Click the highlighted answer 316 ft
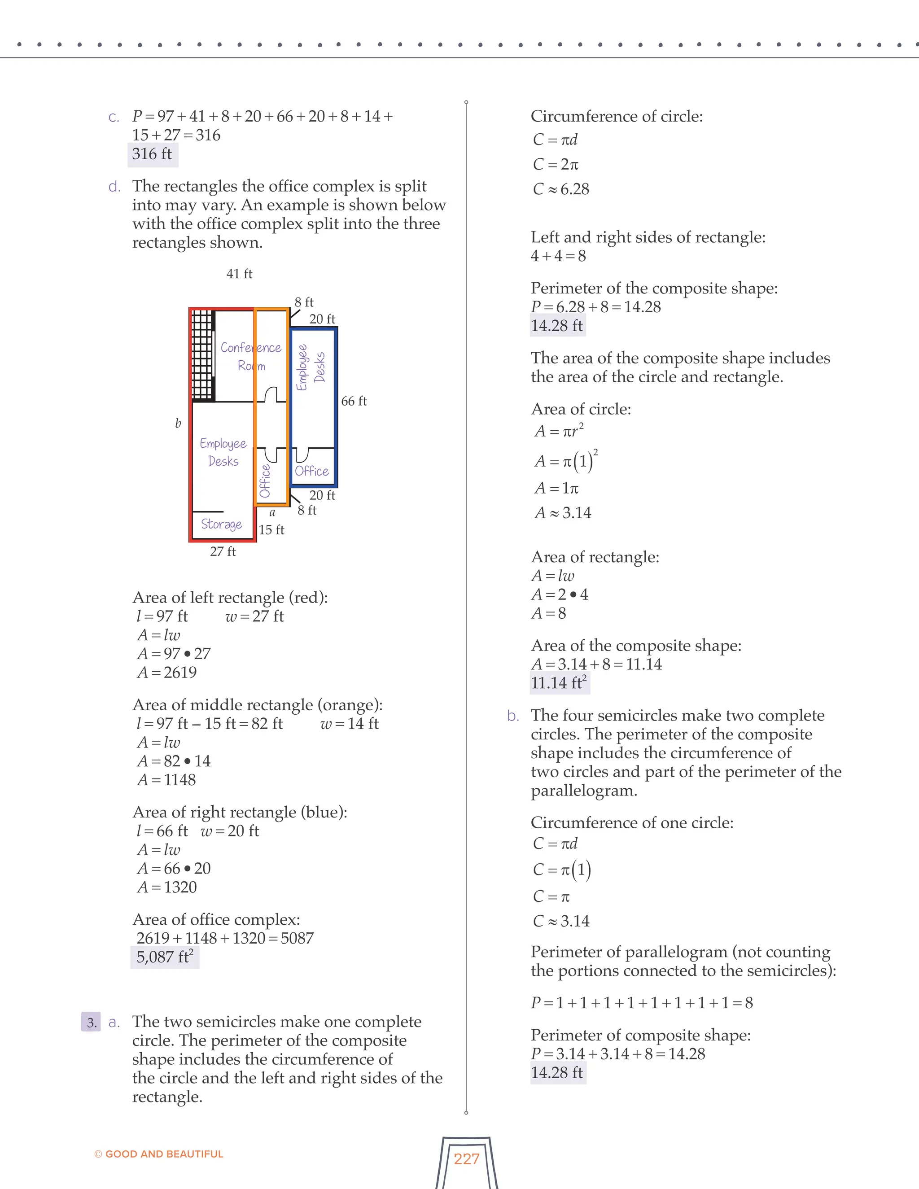point(152,154)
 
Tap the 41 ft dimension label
point(239,273)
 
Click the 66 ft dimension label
point(354,401)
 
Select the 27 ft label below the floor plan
point(223,551)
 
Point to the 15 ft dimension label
point(271,530)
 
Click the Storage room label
point(221,524)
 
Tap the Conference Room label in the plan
point(250,356)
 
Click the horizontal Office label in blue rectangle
point(311,471)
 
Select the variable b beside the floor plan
point(178,423)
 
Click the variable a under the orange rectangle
point(272,512)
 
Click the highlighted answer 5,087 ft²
point(164,957)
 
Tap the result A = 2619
point(166,673)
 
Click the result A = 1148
point(166,780)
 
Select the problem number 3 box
point(92,1022)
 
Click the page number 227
point(466,1158)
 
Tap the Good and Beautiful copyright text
point(158,1154)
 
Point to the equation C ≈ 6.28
point(561,189)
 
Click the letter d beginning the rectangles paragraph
point(114,186)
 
